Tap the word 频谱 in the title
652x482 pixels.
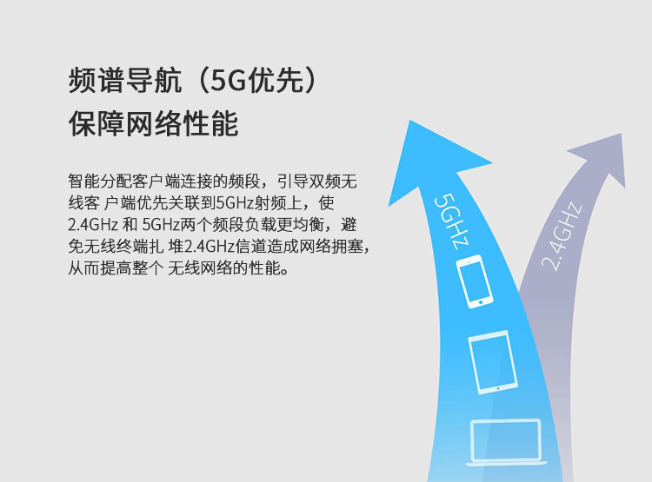pyautogui.click(x=96, y=80)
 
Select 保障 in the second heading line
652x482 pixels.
pyautogui.click(x=96, y=123)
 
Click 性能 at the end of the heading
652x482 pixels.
pyautogui.click(x=210, y=123)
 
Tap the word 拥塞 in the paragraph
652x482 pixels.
pyautogui.click(x=348, y=247)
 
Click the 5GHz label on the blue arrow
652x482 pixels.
pyautogui.click(x=451, y=221)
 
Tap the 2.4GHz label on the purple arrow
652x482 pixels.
pyautogui.click(x=562, y=236)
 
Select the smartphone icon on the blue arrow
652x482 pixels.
pyautogui.click(x=475, y=281)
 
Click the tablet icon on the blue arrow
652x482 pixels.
pyautogui.click(x=493, y=362)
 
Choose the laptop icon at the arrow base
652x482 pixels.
pyautogui.click(x=507, y=442)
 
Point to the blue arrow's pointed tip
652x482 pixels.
pyautogui.click(x=410, y=121)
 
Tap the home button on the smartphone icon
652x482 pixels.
pyautogui.click(x=481, y=302)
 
